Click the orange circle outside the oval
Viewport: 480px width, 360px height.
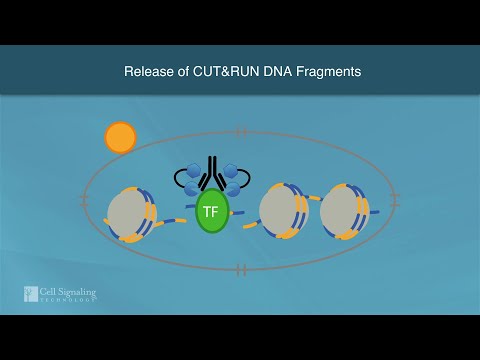(120, 137)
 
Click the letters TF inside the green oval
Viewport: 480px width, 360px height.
(211, 211)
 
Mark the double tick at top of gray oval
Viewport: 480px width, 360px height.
(241, 131)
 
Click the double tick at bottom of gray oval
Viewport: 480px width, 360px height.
(241, 269)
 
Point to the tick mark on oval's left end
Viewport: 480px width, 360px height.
(85, 200)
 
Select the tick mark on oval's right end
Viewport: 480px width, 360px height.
(396, 200)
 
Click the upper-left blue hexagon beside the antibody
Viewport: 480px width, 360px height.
(194, 171)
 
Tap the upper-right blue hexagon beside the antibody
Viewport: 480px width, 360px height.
(230, 171)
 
